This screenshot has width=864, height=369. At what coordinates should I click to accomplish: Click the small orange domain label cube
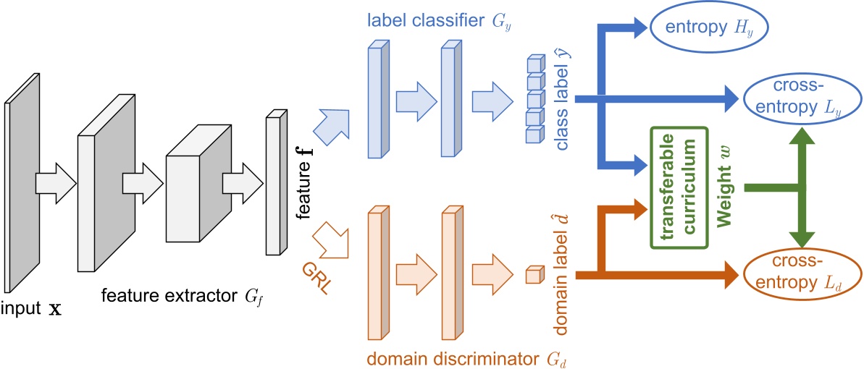click(x=533, y=275)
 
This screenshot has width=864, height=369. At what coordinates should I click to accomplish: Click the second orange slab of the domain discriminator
click(x=450, y=273)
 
